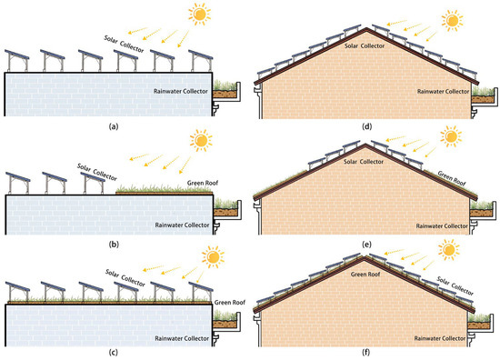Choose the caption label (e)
click(x=367, y=243)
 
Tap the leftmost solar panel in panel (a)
click(x=20, y=55)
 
